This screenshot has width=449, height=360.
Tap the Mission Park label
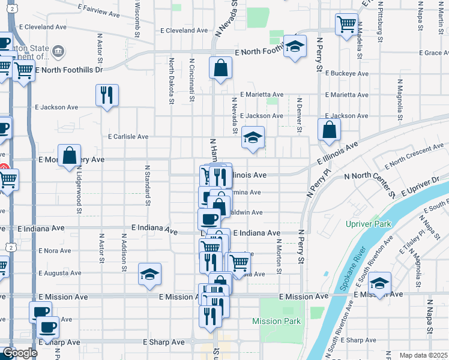click(276, 322)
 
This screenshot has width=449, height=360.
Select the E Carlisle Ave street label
click(128, 137)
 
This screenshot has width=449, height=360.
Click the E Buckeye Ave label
click(346, 73)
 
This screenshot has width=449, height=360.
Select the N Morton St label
click(279, 256)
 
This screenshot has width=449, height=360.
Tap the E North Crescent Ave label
click(414, 155)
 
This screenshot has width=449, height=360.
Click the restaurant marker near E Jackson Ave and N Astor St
click(107, 95)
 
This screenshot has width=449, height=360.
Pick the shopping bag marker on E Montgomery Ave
click(70, 155)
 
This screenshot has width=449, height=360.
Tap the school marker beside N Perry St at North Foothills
click(294, 47)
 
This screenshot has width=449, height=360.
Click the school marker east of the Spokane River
click(379, 283)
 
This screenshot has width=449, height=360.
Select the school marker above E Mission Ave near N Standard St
click(149, 274)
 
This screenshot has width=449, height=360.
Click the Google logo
click(20, 353)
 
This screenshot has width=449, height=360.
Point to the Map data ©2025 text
click(423, 355)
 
